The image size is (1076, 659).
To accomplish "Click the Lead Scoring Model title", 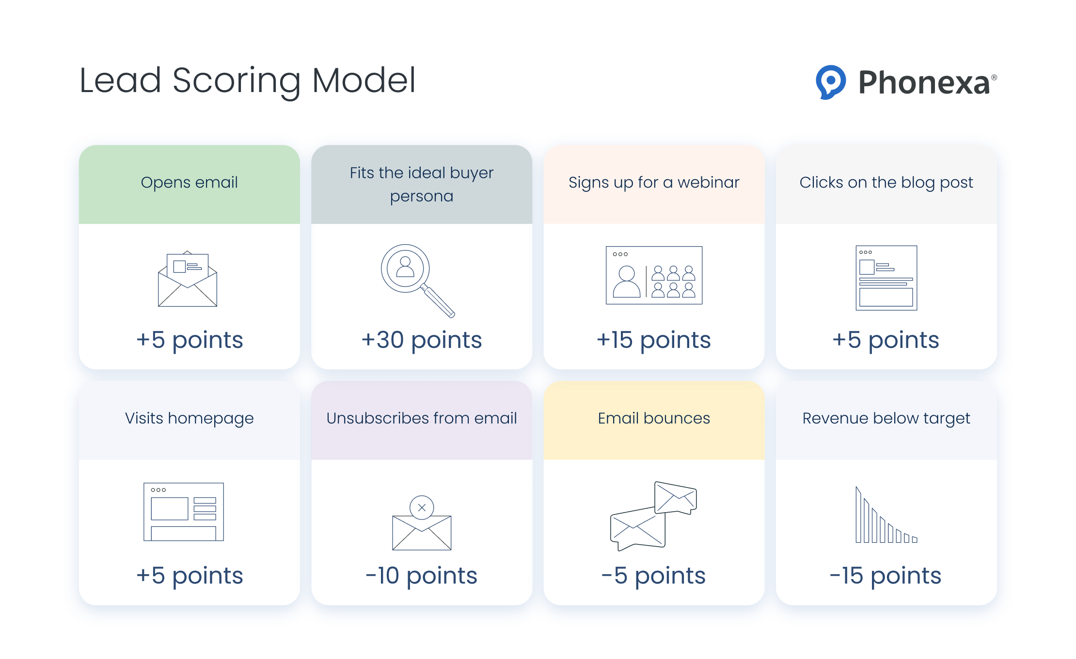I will (247, 80).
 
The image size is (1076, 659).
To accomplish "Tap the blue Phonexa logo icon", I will (830, 82).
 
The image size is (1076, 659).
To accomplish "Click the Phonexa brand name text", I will (924, 82).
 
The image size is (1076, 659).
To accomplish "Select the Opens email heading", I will (189, 183).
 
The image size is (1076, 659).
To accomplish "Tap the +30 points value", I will (421, 340).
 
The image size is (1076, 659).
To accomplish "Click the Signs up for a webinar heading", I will (653, 183).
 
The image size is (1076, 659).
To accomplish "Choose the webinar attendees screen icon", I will (653, 275).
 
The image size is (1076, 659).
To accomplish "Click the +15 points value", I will (653, 340).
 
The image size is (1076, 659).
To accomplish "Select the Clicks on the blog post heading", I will (886, 183).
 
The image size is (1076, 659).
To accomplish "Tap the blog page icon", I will (886, 278).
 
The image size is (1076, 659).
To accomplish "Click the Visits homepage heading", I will (189, 418).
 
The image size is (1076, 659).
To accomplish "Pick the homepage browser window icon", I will (184, 512).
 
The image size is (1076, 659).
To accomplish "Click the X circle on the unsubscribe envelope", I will (422, 507).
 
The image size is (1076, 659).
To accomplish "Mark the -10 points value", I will (421, 576).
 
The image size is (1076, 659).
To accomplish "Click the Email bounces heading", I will (653, 418).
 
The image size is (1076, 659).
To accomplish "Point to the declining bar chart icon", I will (886, 516).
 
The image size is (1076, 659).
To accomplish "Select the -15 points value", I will (885, 576).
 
